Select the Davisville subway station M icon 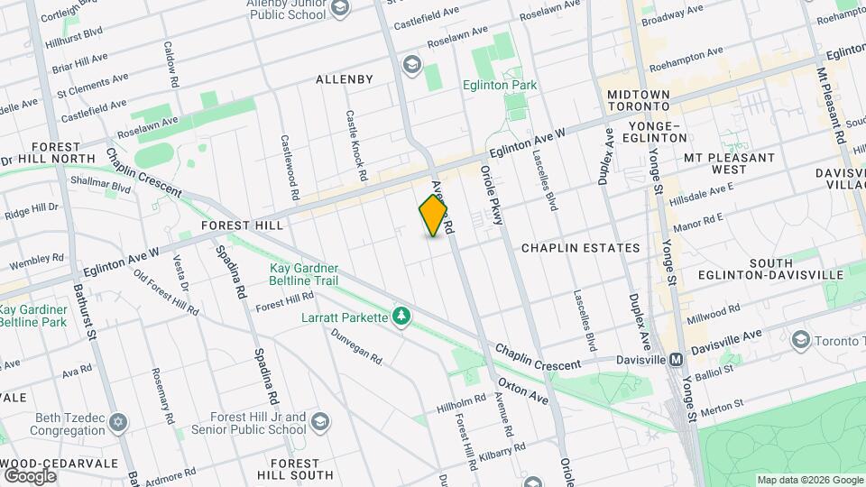tap(675, 359)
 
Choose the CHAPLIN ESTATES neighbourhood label tap(581, 247)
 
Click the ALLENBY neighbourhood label tap(345, 79)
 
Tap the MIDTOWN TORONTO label tap(639, 101)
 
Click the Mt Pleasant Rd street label tap(830, 108)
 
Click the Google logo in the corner tap(29, 475)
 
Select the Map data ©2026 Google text tap(808, 480)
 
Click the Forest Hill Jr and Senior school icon tap(320, 422)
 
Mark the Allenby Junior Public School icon tap(340, 9)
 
